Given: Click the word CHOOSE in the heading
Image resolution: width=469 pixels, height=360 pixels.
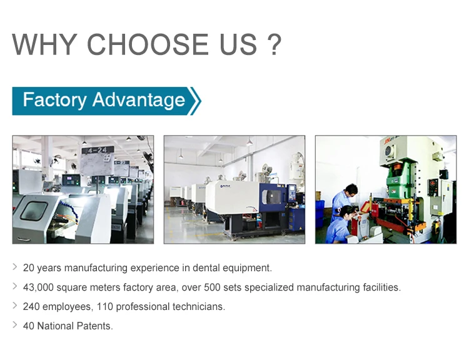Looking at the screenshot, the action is [148, 44].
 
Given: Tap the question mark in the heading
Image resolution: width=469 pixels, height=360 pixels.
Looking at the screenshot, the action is [273, 44].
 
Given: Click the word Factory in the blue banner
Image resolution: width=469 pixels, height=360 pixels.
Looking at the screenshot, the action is [54, 100].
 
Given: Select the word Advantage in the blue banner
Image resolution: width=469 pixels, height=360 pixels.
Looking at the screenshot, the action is [139, 100].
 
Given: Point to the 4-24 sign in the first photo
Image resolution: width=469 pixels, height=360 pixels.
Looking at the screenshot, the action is [98, 151].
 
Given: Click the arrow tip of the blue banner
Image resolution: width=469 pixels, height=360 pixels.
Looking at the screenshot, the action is [200, 101].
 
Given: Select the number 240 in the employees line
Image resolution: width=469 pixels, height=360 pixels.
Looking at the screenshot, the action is [31, 307].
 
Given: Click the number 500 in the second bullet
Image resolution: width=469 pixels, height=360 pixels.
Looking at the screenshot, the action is [212, 287].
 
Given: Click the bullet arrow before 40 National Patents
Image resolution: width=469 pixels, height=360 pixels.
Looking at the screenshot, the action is [15, 325].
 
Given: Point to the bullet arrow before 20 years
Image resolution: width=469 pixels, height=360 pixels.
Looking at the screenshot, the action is [15, 267].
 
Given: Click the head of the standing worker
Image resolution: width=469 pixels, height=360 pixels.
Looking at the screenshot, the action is [351, 190].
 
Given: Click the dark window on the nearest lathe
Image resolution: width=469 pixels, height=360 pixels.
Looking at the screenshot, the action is [34, 211].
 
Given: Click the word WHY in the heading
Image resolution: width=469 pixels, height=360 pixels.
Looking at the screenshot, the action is [44, 44].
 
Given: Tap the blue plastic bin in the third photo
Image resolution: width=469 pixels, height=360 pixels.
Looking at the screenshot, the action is [320, 211].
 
